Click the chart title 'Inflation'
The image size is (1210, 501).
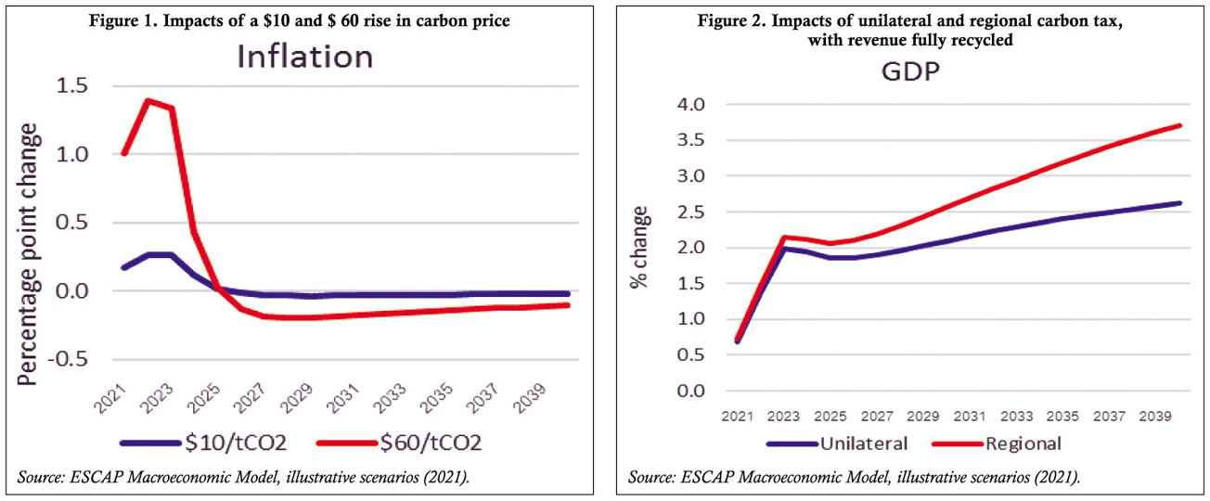[x=304, y=57]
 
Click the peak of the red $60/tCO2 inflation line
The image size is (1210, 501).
[x=148, y=99]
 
